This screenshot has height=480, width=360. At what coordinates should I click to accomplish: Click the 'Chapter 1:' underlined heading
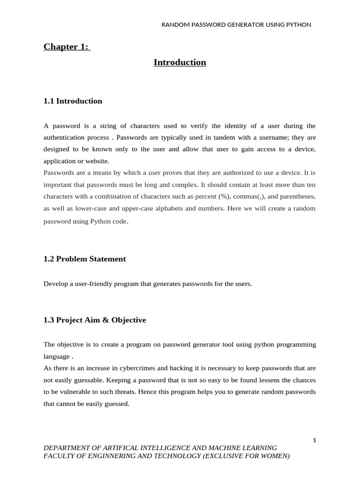tap(67, 46)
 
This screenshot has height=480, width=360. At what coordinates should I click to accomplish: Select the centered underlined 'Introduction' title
tap(180, 62)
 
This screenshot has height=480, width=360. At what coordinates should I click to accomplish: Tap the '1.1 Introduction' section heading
tap(73, 101)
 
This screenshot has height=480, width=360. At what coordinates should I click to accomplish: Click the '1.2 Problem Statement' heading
tap(84, 259)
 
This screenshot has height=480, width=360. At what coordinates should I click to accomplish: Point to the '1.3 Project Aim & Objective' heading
tap(95, 320)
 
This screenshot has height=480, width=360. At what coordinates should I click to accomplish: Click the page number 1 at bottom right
tap(315, 440)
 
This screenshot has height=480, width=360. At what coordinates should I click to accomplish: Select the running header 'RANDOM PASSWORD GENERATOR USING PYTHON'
tap(236, 24)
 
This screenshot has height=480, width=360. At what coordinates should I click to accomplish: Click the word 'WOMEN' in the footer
tap(275, 456)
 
